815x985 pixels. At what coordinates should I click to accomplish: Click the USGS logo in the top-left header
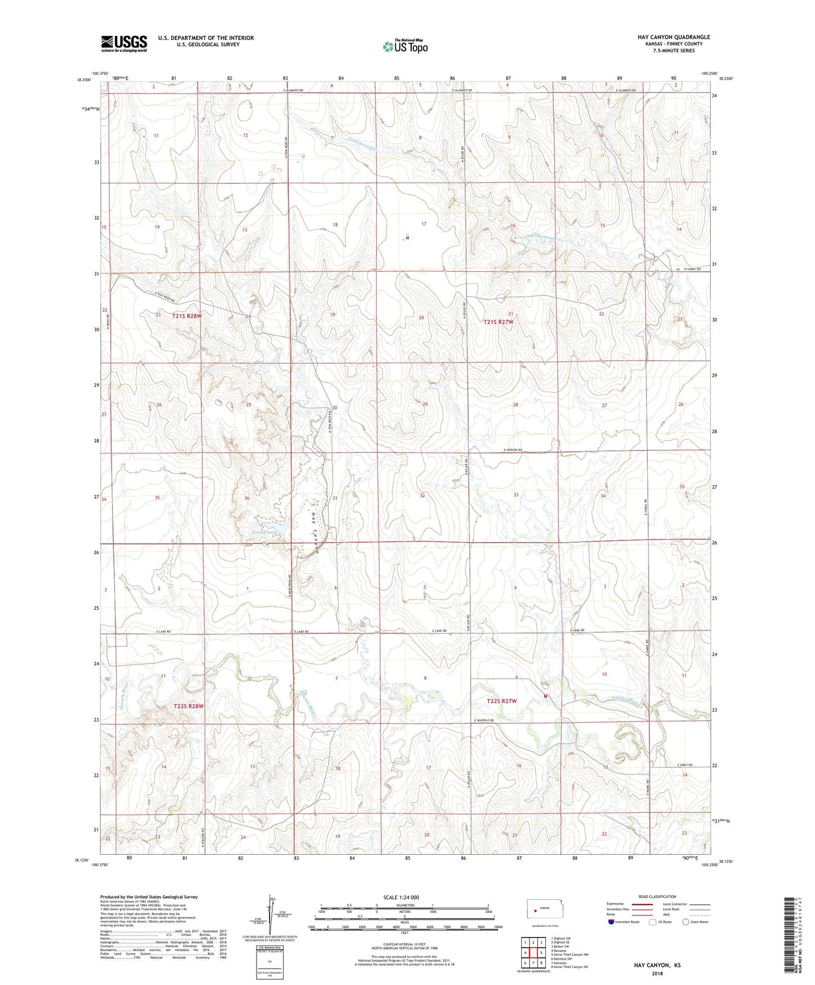point(124,43)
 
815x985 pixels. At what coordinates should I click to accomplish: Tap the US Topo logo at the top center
point(405,46)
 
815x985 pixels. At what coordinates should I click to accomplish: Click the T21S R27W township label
point(499,322)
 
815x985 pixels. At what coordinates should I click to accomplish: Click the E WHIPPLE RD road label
point(484,721)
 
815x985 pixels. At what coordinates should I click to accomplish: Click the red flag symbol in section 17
point(407,238)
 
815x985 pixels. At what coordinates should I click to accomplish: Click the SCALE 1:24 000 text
point(401,897)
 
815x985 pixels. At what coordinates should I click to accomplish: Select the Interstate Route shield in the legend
point(612,922)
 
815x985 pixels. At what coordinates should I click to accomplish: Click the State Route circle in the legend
point(686,922)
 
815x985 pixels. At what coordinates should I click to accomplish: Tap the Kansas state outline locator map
point(540,909)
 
